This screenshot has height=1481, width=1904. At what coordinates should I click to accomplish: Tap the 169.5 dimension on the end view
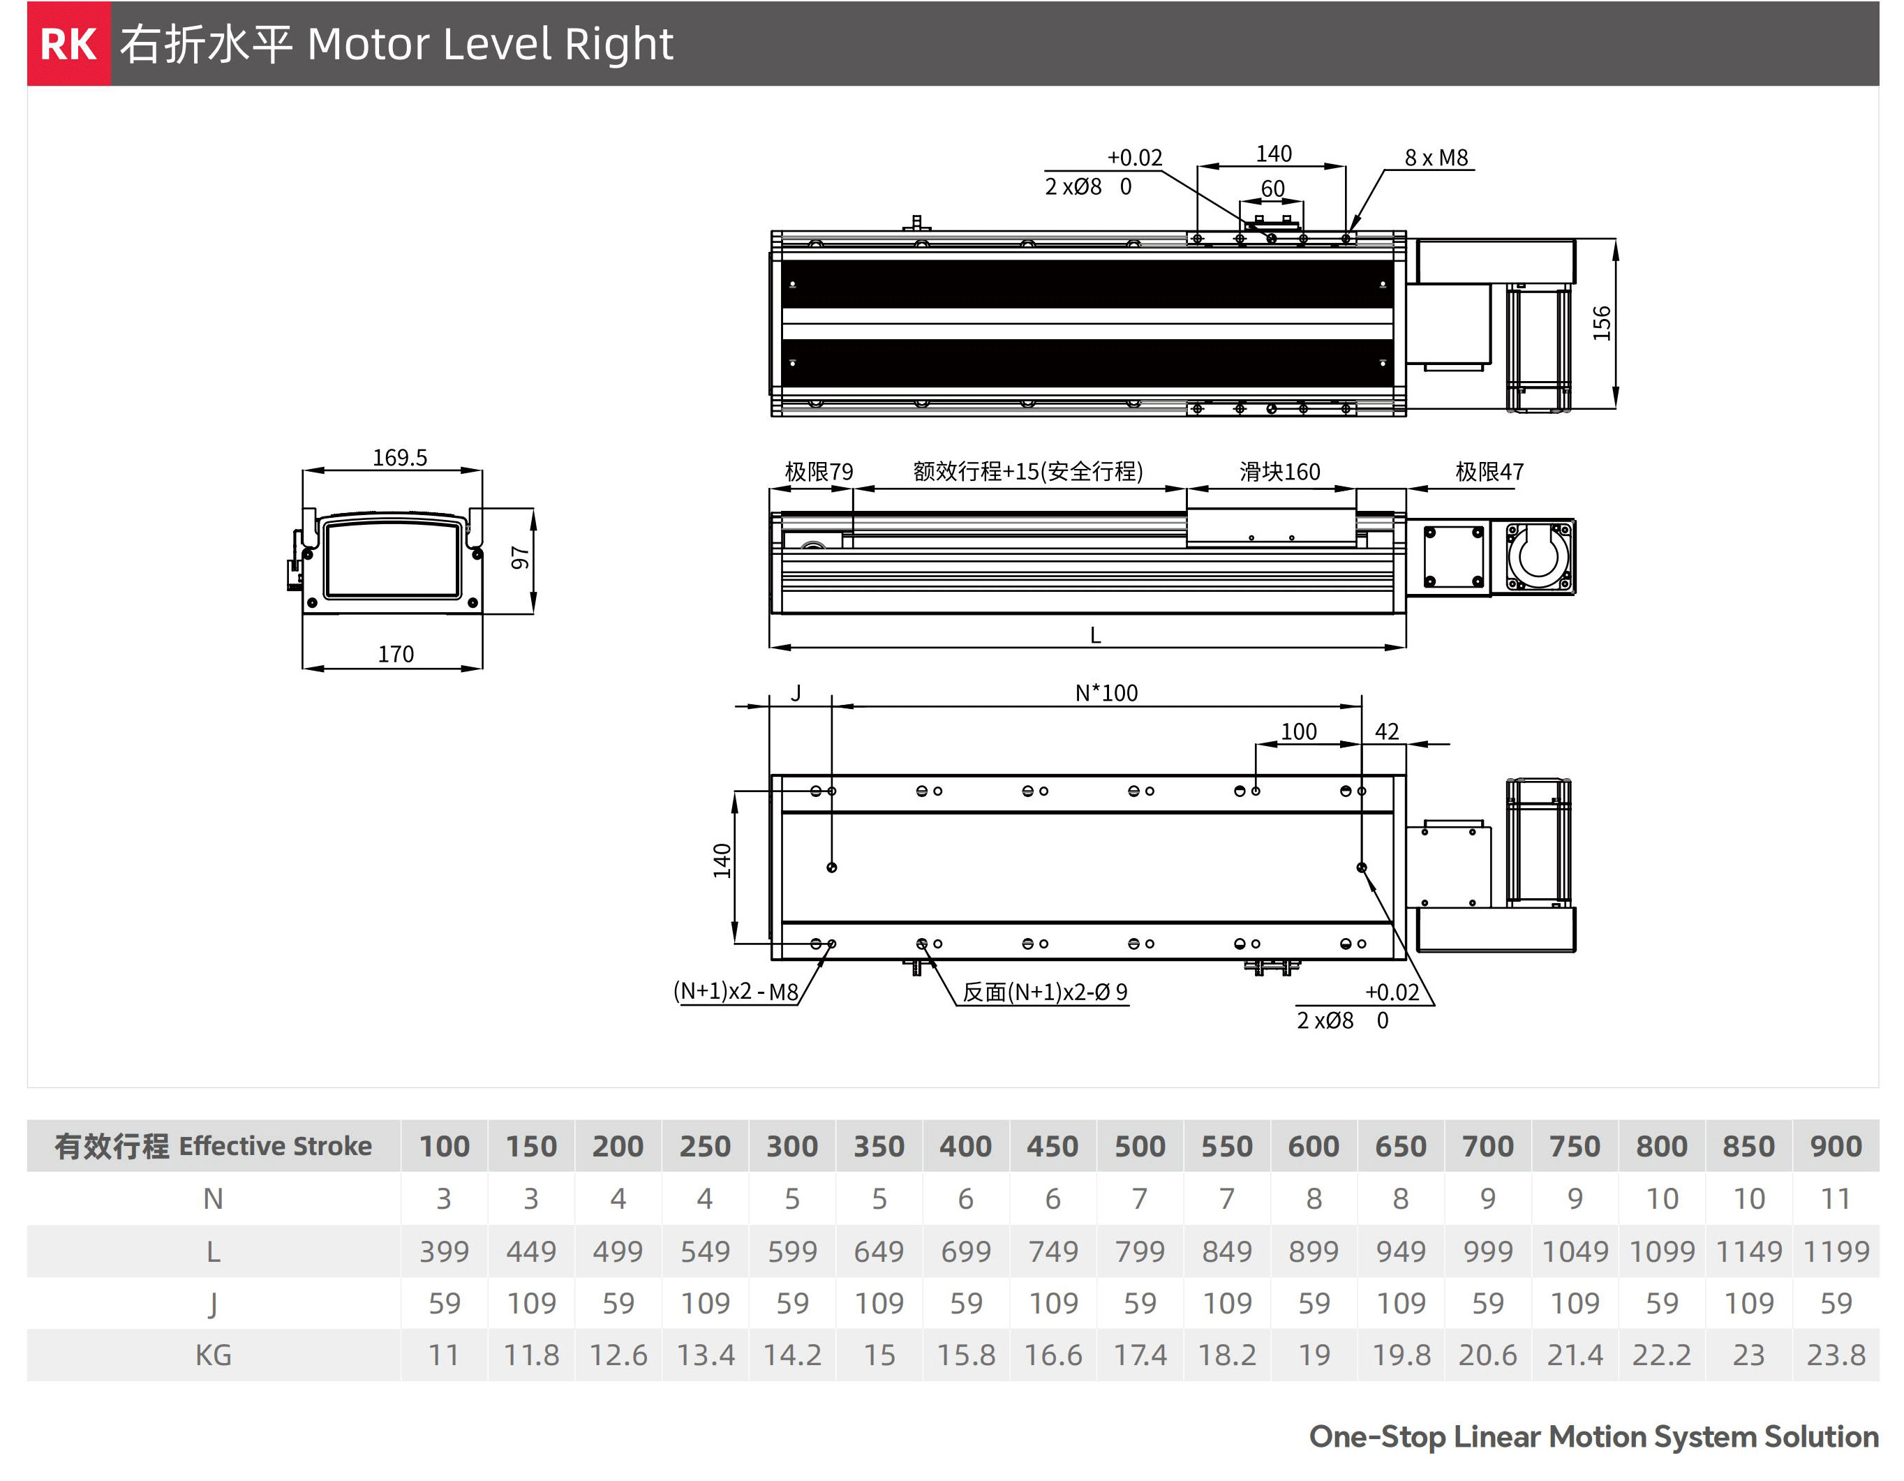[x=400, y=458]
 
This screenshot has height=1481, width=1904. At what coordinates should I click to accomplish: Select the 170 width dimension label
[x=396, y=654]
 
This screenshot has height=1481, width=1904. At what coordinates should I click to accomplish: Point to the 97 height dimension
[x=519, y=558]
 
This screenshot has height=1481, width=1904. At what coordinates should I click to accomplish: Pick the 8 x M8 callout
[x=1436, y=158]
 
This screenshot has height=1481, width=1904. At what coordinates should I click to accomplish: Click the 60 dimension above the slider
[x=1273, y=188]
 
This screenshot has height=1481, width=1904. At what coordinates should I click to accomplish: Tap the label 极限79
[x=819, y=472]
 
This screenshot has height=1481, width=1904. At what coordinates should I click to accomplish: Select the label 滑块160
[x=1280, y=472]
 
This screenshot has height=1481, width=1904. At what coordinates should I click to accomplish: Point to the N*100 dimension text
[x=1106, y=693]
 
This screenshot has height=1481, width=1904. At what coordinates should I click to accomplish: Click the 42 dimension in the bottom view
[x=1387, y=731]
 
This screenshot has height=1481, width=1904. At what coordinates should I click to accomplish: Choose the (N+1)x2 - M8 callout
[x=736, y=992]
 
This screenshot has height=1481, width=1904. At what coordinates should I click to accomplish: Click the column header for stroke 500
[x=1140, y=1146]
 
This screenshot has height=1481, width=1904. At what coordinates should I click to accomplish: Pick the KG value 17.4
[x=1140, y=1355]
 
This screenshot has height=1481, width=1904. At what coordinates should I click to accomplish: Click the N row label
[x=214, y=1198]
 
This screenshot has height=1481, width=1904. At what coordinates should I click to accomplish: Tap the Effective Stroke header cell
[x=214, y=1146]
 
